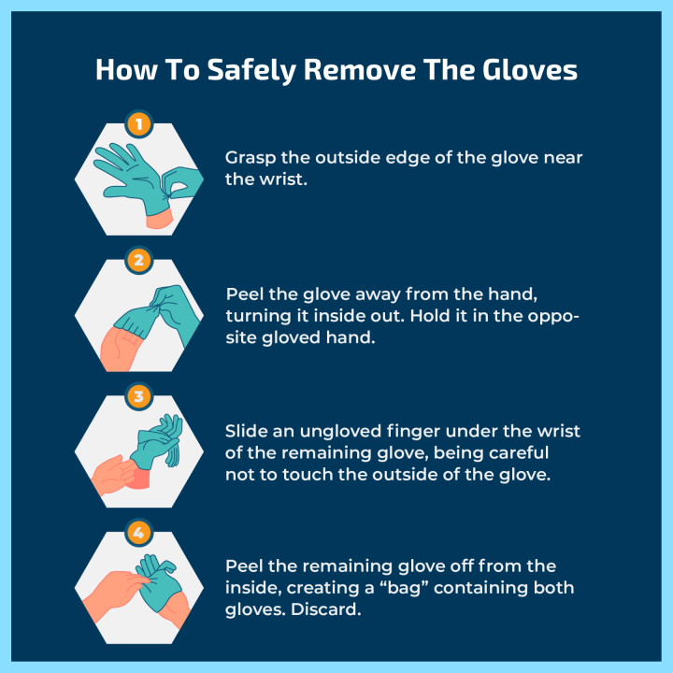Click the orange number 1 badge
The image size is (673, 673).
coord(138,124)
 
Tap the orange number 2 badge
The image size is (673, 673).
coord(138,261)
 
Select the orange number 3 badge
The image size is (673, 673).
coord(138,396)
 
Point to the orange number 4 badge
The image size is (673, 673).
coord(138,533)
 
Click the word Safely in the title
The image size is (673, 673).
coord(252,70)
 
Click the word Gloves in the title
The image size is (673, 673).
coord(530,70)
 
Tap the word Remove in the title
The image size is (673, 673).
coord(360,70)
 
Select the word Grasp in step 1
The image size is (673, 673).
coord(251,158)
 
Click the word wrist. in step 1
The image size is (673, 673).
coord(283,179)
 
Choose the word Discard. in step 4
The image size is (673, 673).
coord(326,609)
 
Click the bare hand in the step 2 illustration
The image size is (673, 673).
coord(120,349)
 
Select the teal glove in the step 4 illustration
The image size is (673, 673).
coord(159,582)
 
